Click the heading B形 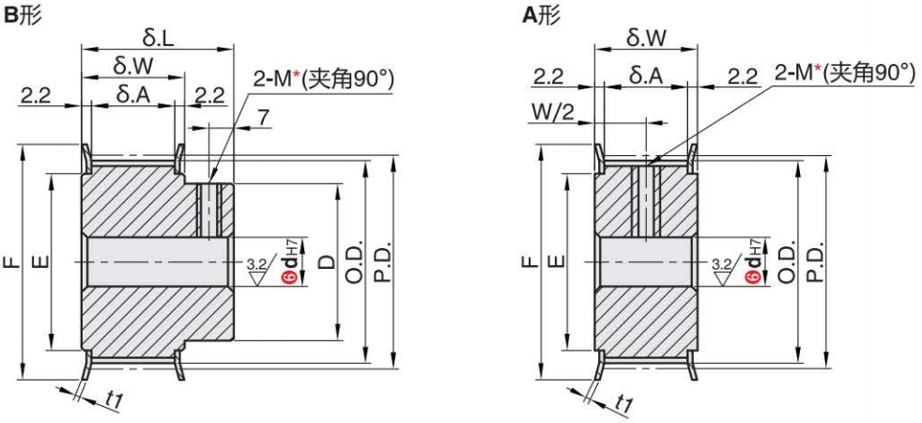[x=22, y=16]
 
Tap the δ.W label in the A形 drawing [x=647, y=39]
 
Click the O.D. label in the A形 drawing [x=787, y=262]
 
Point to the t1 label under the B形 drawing [x=114, y=399]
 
